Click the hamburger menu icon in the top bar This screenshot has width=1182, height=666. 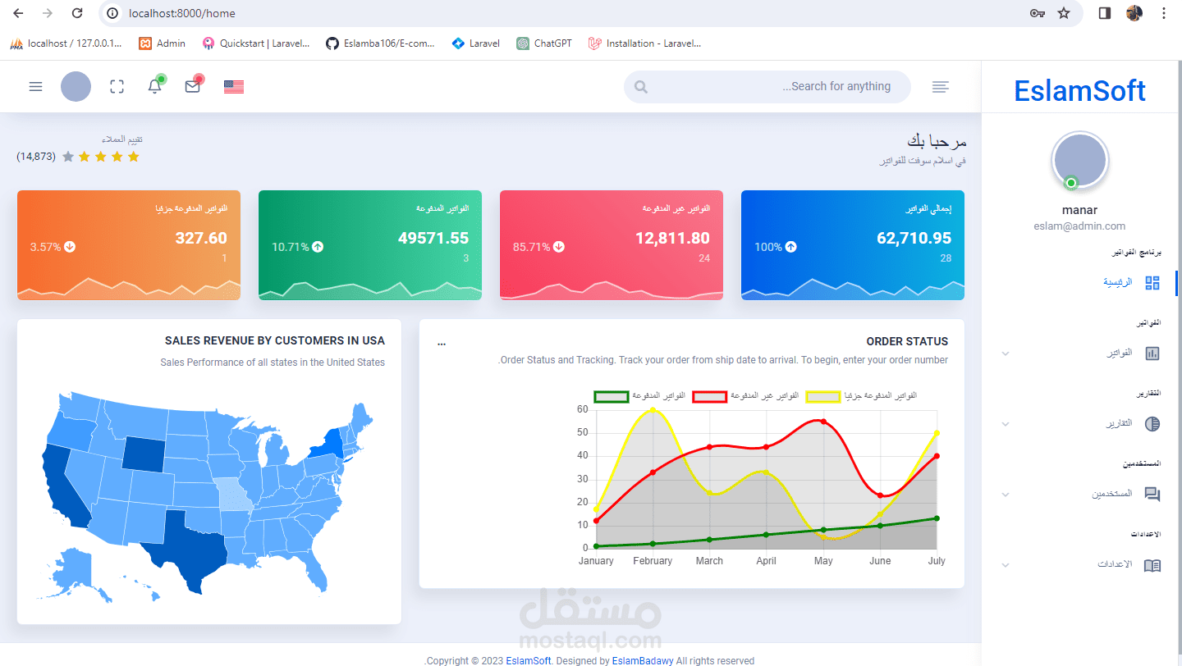coord(35,86)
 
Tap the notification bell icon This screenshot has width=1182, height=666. coord(154,86)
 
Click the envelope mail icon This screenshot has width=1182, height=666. coord(193,86)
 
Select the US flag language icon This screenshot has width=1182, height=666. coord(234,86)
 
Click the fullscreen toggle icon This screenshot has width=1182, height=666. coord(117,86)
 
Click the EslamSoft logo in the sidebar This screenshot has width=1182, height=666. coord(1079,90)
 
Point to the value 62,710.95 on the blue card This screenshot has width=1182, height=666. coord(914,239)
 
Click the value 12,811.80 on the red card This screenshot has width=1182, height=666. coord(672,239)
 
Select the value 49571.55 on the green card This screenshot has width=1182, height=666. coord(433,239)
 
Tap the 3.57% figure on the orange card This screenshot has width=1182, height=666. coord(46,247)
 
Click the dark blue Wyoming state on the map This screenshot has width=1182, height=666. coord(143,452)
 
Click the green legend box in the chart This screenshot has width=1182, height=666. coord(611,397)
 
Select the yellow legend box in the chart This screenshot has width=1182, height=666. coord(823,397)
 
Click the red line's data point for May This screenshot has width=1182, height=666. coord(823,422)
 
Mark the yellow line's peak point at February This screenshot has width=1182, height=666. coord(653,409)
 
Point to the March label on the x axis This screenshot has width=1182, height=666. coord(709,561)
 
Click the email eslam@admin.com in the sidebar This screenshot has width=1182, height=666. coord(1079,226)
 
